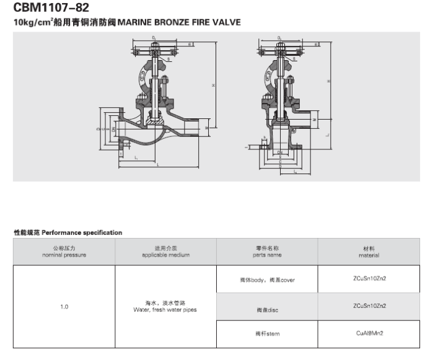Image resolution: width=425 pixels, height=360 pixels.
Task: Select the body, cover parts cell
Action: coord(267,279)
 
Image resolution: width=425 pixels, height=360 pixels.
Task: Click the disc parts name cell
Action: coord(267,307)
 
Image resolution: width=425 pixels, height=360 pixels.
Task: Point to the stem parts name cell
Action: coord(267,334)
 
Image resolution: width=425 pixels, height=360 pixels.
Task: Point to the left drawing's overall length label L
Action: coord(157,165)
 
